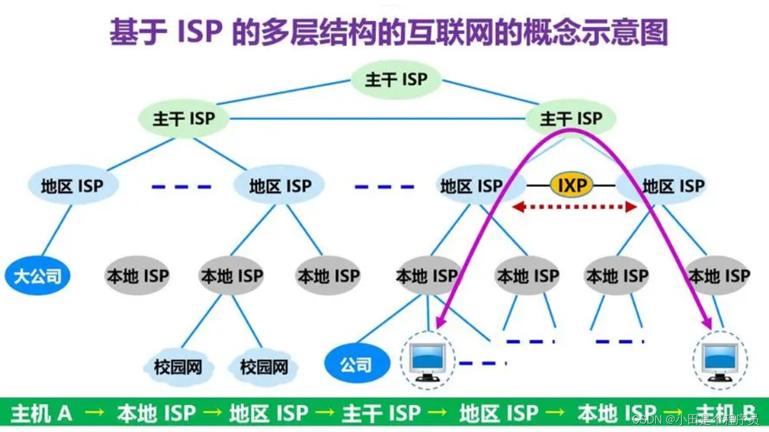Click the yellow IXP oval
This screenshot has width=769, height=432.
click(x=571, y=185)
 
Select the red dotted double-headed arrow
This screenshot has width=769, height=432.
click(x=574, y=207)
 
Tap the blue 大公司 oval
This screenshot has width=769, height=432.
click(x=38, y=276)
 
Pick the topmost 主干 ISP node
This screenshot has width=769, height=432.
click(x=396, y=80)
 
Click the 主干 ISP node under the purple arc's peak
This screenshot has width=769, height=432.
click(x=571, y=119)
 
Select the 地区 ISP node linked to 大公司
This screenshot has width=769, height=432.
click(x=72, y=186)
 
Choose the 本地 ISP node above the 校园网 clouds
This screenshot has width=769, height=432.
click(x=232, y=276)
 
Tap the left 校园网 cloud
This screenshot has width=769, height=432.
click(x=178, y=367)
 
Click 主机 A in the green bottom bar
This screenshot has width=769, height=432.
click(x=41, y=413)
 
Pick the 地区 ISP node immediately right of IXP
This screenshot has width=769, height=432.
click(x=673, y=186)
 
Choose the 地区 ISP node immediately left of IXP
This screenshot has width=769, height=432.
click(x=471, y=186)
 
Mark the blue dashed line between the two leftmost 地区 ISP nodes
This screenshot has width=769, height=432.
click(x=181, y=187)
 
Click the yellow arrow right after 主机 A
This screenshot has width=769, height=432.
click(x=94, y=413)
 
